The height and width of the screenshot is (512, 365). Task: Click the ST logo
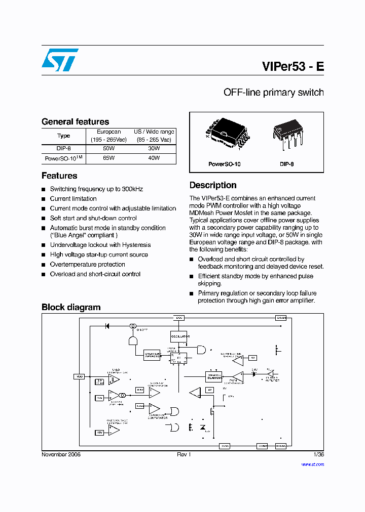click(x=60, y=60)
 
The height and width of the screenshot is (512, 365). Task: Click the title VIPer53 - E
click(x=293, y=67)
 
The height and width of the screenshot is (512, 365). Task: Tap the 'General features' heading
click(x=75, y=121)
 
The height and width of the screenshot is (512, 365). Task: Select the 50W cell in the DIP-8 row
click(x=108, y=149)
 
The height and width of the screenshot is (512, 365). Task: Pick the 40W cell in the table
click(x=154, y=158)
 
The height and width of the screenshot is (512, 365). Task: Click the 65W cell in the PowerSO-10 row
click(x=108, y=158)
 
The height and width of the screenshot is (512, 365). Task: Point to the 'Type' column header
click(x=63, y=136)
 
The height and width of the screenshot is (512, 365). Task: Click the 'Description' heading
click(x=213, y=185)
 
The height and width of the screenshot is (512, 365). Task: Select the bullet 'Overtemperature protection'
click(x=87, y=265)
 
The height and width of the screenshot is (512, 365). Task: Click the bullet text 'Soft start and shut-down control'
click(x=93, y=218)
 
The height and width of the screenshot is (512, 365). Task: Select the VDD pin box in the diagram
click(x=80, y=376)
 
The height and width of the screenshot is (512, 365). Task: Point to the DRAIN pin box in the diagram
click(x=281, y=318)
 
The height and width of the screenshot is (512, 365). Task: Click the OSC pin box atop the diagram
click(x=179, y=318)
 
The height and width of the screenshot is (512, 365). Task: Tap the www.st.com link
click(x=312, y=464)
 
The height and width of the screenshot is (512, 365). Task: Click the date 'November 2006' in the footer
click(x=61, y=454)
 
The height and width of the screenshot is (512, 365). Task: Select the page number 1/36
click(x=318, y=454)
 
